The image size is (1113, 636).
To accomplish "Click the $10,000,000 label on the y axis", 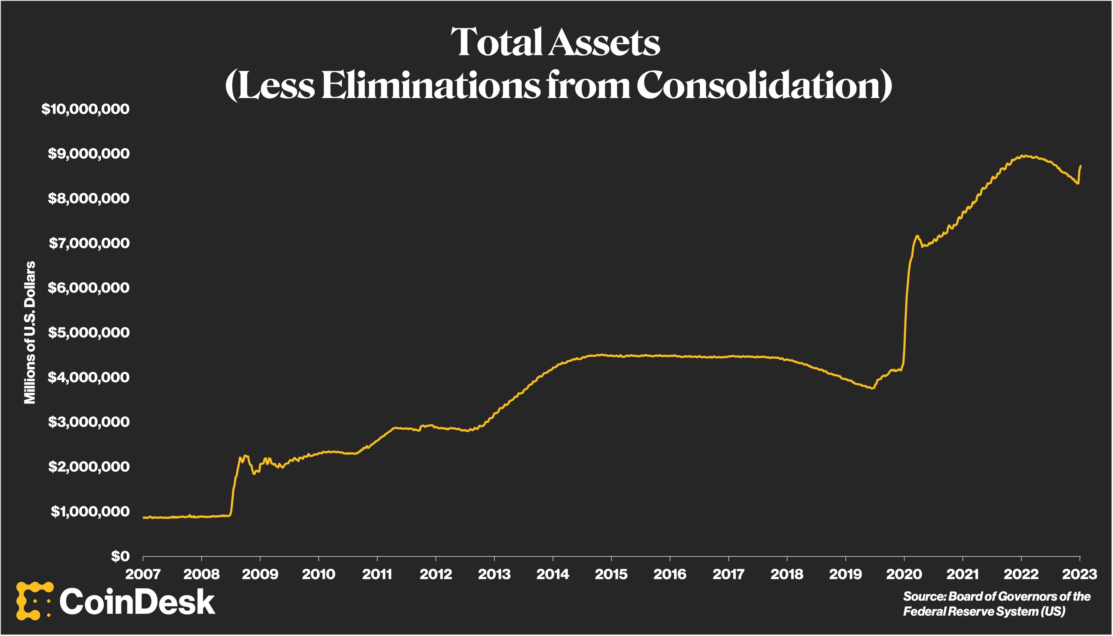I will coord(86,109).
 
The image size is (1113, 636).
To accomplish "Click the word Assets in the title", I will coord(605,42).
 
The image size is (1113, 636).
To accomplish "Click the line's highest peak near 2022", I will coord(1023,155).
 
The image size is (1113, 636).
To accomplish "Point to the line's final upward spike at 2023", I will coord(1080,166).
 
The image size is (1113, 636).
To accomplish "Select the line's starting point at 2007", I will coord(144,517).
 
